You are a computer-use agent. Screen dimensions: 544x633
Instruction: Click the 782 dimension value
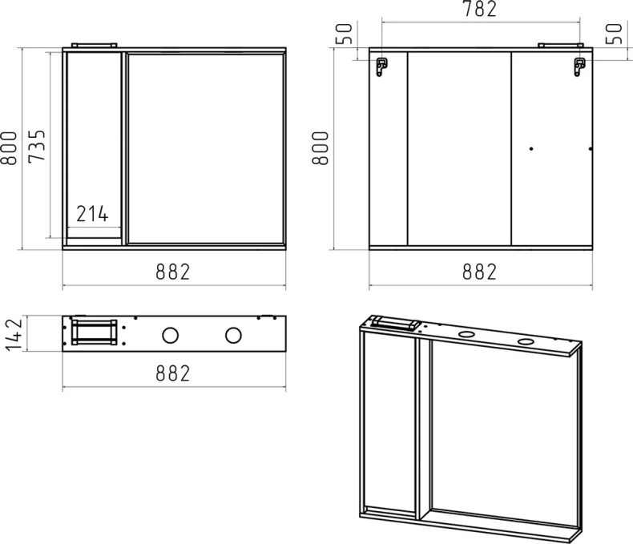479,10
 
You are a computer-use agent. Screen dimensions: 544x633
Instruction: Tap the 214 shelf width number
93,214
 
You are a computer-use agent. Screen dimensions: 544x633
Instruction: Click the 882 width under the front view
173,272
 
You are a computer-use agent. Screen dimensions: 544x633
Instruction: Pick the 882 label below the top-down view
173,373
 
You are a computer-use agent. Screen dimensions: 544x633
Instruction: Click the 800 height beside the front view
10,147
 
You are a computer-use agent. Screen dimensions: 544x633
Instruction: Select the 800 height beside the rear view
321,147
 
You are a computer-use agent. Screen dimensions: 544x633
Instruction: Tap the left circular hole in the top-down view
171,334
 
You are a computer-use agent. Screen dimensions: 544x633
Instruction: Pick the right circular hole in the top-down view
233,334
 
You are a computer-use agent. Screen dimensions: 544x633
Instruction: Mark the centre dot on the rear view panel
530,148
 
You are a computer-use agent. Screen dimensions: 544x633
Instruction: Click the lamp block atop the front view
95,45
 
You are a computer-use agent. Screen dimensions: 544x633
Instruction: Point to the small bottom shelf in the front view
93,238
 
